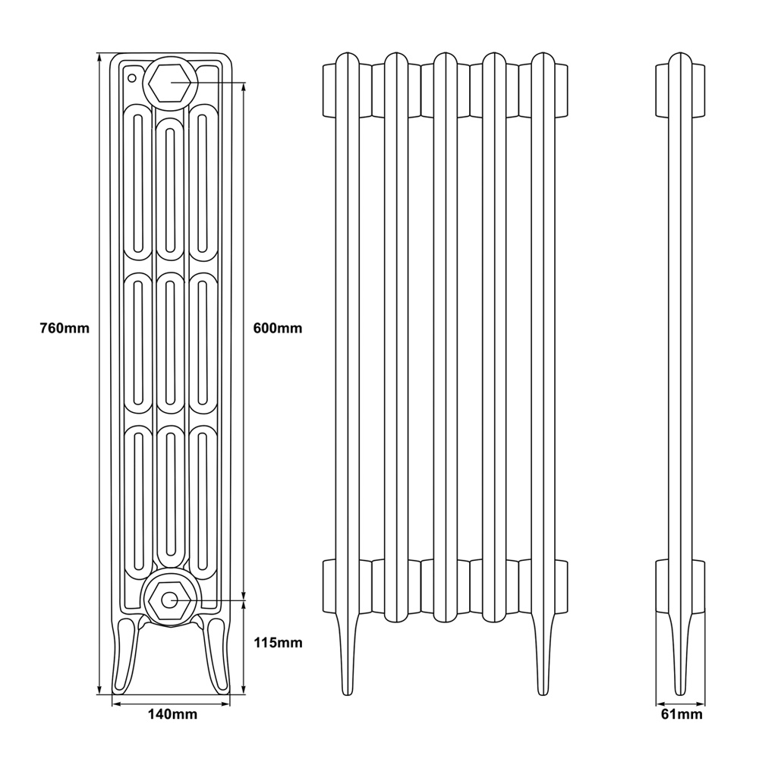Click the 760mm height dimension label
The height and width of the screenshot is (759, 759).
click(x=65, y=329)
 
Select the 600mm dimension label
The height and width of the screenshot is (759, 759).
click(x=277, y=329)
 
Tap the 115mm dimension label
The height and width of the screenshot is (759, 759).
click(x=277, y=643)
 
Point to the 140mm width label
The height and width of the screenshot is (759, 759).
click(x=172, y=714)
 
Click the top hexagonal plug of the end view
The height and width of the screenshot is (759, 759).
click(x=171, y=83)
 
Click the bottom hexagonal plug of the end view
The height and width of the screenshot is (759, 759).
click(x=170, y=600)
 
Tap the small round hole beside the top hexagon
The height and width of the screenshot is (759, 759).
click(x=131, y=77)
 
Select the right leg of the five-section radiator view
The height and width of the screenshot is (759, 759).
click(x=542, y=660)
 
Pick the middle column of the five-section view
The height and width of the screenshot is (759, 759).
click(x=445, y=342)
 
